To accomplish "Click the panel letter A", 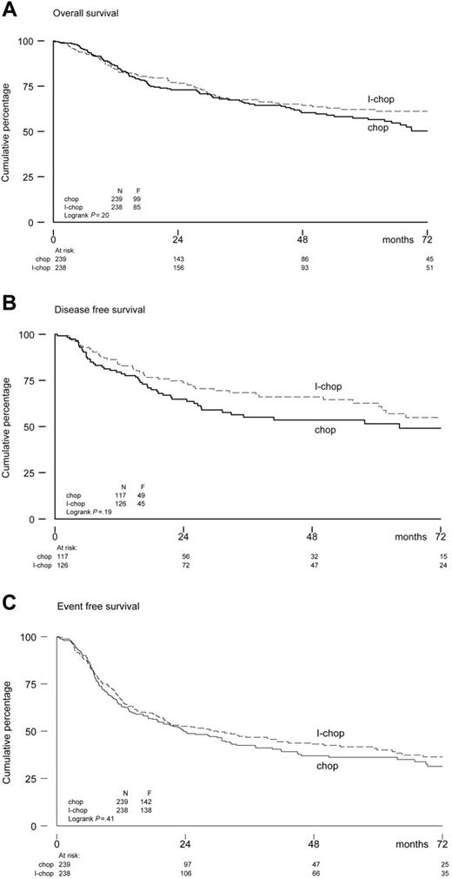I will click(8, 9).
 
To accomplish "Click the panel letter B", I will click(8, 302).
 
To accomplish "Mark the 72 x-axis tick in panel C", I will click(441, 842).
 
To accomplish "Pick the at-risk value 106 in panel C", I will click(183, 873).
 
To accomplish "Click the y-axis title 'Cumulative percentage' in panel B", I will click(9, 426).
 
